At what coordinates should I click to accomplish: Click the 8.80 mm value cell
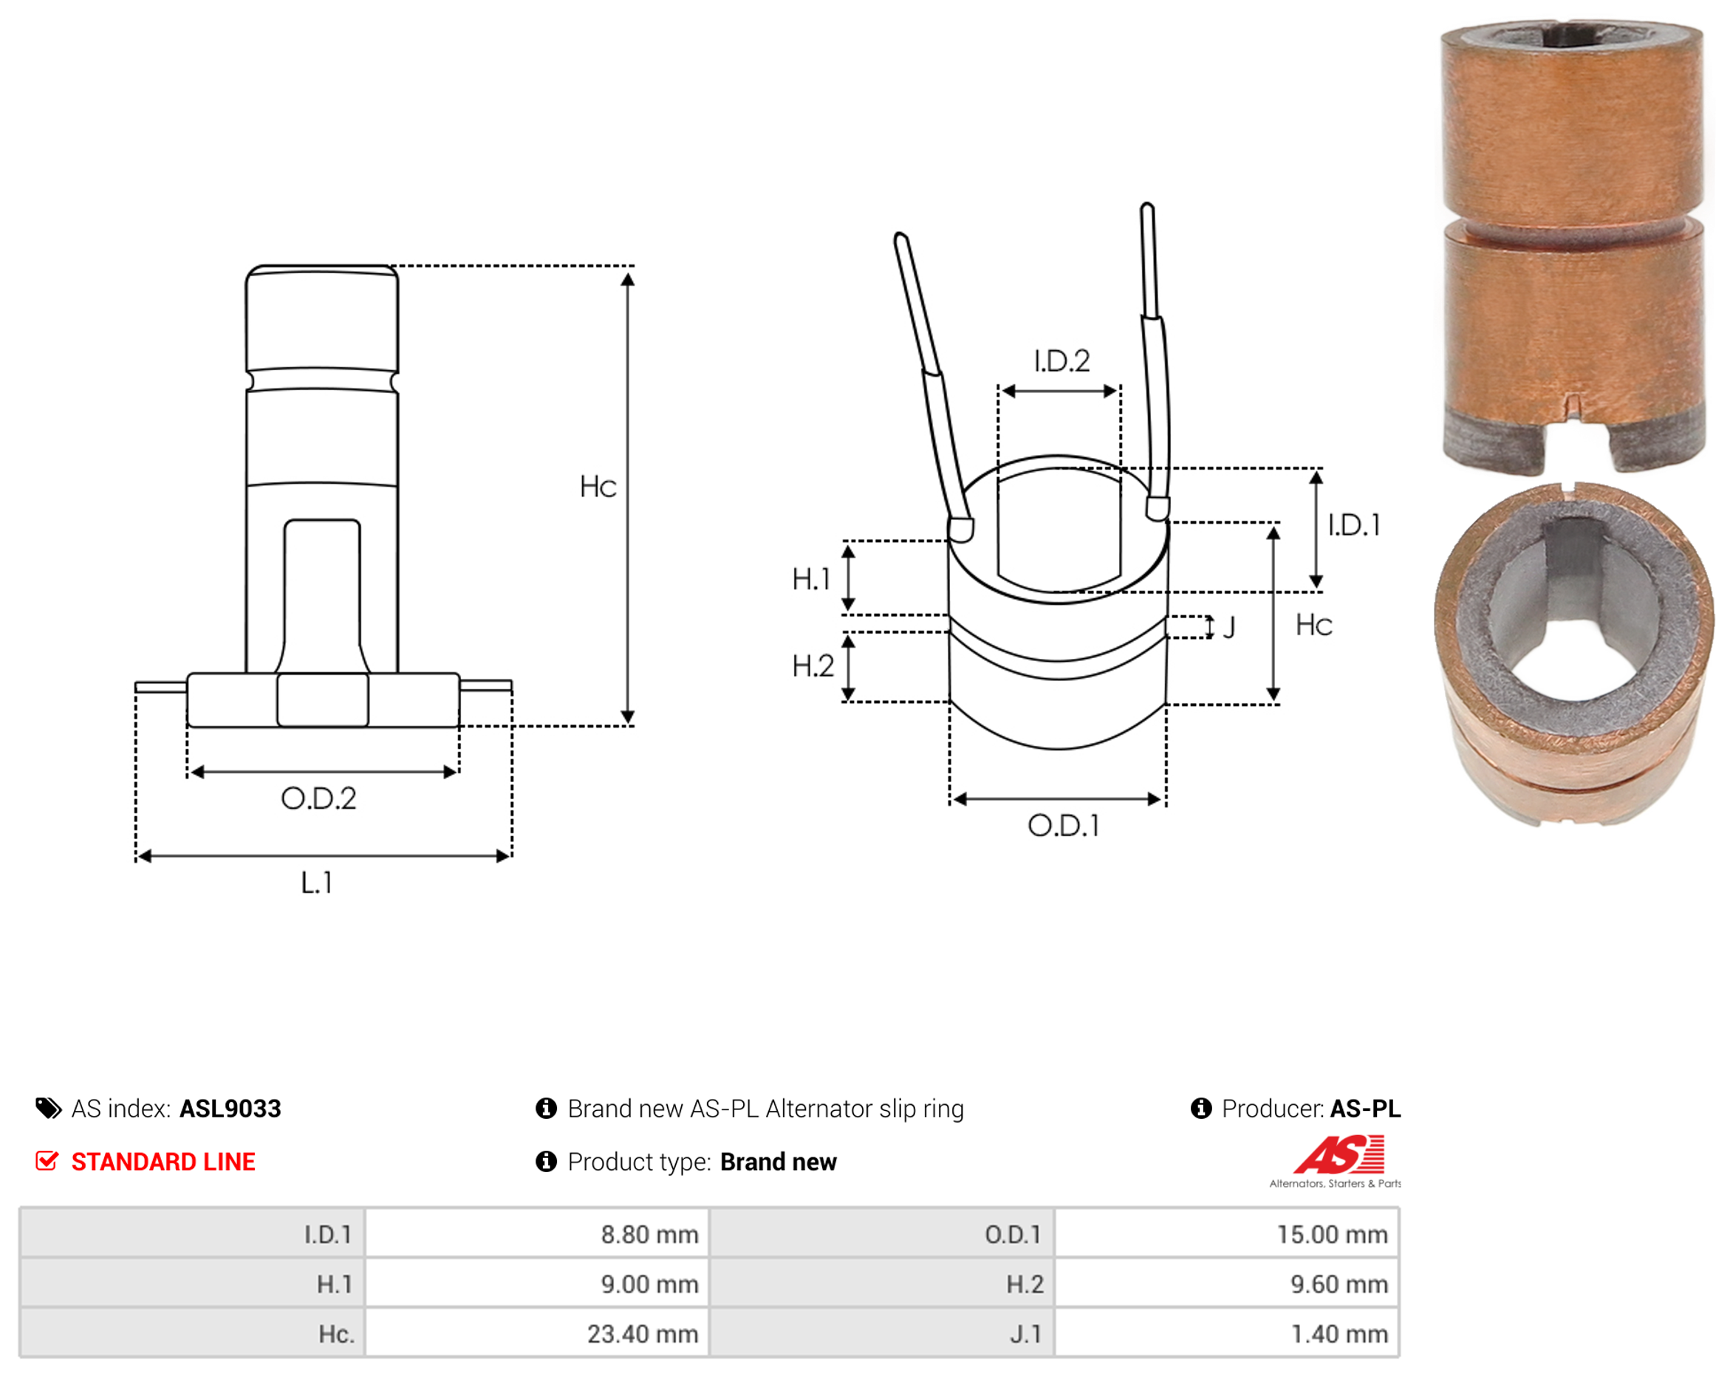click(x=537, y=1233)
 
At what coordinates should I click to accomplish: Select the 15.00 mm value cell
click(x=1227, y=1233)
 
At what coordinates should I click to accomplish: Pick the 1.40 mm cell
click(x=1227, y=1332)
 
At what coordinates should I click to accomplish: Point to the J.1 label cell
click(x=882, y=1332)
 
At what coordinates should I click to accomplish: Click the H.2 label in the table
click(x=1025, y=1284)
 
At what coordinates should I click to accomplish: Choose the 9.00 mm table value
click(x=649, y=1284)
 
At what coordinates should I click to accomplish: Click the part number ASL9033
click(x=230, y=1108)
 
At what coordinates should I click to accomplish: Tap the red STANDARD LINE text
click(x=163, y=1161)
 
